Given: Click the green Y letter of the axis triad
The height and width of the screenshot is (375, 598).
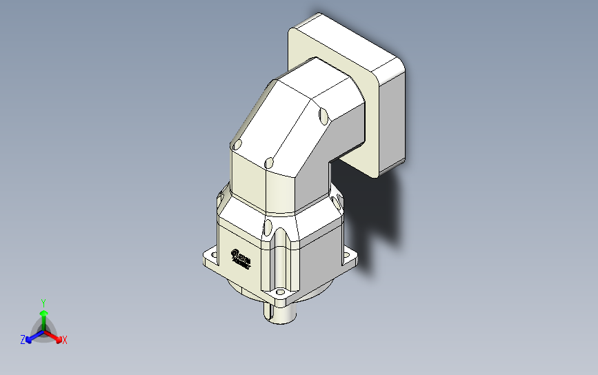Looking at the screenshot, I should (x=43, y=303).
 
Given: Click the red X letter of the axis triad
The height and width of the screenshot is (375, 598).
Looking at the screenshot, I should (x=65, y=340).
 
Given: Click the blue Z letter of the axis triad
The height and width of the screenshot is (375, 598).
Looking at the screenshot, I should (x=23, y=339).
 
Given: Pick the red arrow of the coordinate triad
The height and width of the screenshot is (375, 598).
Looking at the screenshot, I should (x=56, y=337).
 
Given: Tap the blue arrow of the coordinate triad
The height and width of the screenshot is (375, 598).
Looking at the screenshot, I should (x=31, y=337).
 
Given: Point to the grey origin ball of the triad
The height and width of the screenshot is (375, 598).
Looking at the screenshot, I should (x=43, y=332).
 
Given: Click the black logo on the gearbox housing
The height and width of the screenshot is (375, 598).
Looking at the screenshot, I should (x=241, y=258).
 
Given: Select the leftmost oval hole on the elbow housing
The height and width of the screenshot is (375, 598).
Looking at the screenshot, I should (x=237, y=145).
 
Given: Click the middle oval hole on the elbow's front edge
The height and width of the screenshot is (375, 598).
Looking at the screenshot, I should (x=269, y=163).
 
